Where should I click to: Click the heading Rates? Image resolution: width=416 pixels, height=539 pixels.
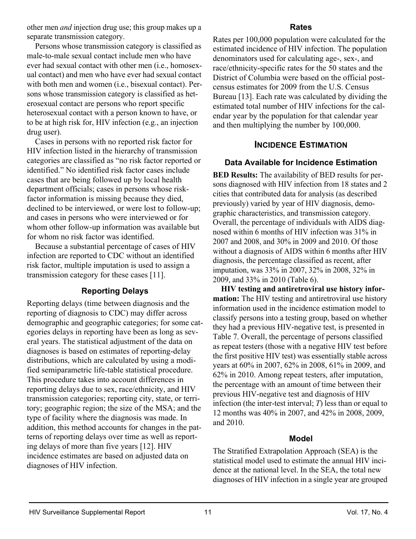(301, 27)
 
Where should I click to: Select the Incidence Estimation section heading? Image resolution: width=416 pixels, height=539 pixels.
(301, 145)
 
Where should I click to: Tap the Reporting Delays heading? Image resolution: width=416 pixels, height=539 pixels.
(115, 291)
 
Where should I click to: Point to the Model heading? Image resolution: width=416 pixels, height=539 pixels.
(301, 439)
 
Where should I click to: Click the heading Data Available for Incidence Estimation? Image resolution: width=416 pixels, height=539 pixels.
(301, 163)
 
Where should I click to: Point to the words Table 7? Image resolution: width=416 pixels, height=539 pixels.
(228, 337)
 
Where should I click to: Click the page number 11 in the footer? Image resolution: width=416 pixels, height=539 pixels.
(208, 512)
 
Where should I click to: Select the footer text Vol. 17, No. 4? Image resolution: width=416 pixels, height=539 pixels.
(366, 512)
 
